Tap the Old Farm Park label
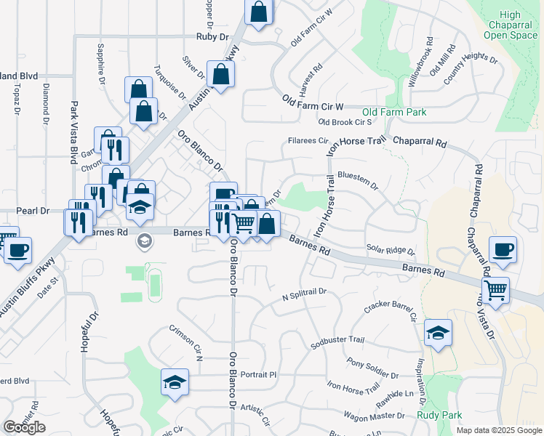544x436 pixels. [x=394, y=113]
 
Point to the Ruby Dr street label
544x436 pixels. [x=212, y=36]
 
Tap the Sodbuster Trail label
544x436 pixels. [x=337, y=339]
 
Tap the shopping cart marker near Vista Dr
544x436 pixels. [x=496, y=290]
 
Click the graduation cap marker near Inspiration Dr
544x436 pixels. [x=438, y=333]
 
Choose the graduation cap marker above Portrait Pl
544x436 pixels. [x=175, y=382]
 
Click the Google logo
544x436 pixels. [x=24, y=427]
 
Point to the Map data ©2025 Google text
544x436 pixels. [x=498, y=430]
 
